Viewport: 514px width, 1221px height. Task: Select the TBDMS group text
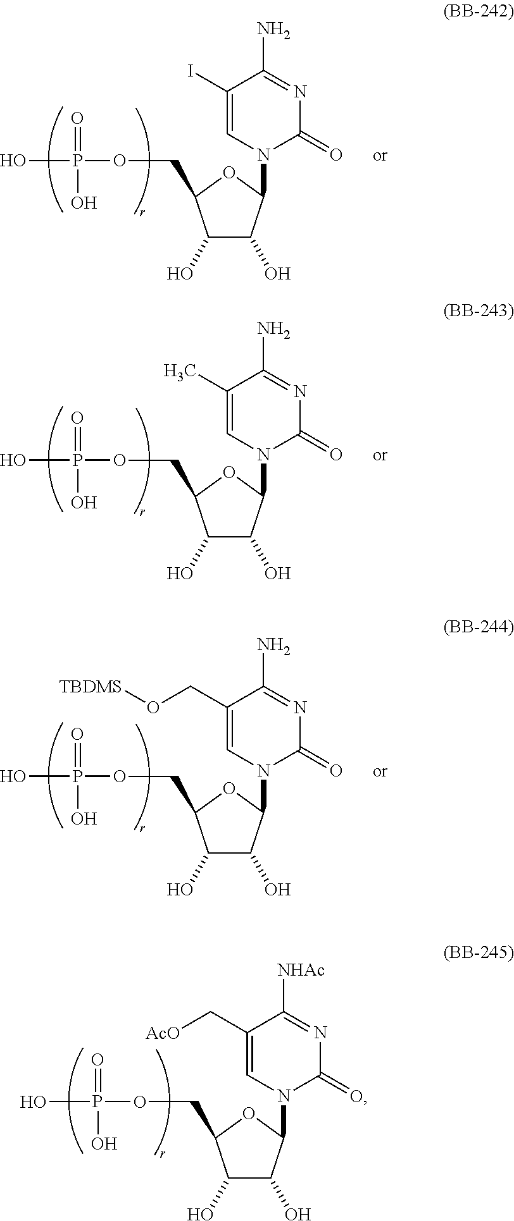pyautogui.click(x=91, y=687)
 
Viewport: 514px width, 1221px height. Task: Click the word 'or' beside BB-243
pyautogui.click(x=380, y=455)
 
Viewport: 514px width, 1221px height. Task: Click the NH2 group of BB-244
pyautogui.click(x=273, y=646)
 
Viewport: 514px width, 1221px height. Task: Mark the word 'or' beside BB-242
pyautogui.click(x=380, y=155)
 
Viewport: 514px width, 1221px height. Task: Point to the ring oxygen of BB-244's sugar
pyautogui.click(x=229, y=788)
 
